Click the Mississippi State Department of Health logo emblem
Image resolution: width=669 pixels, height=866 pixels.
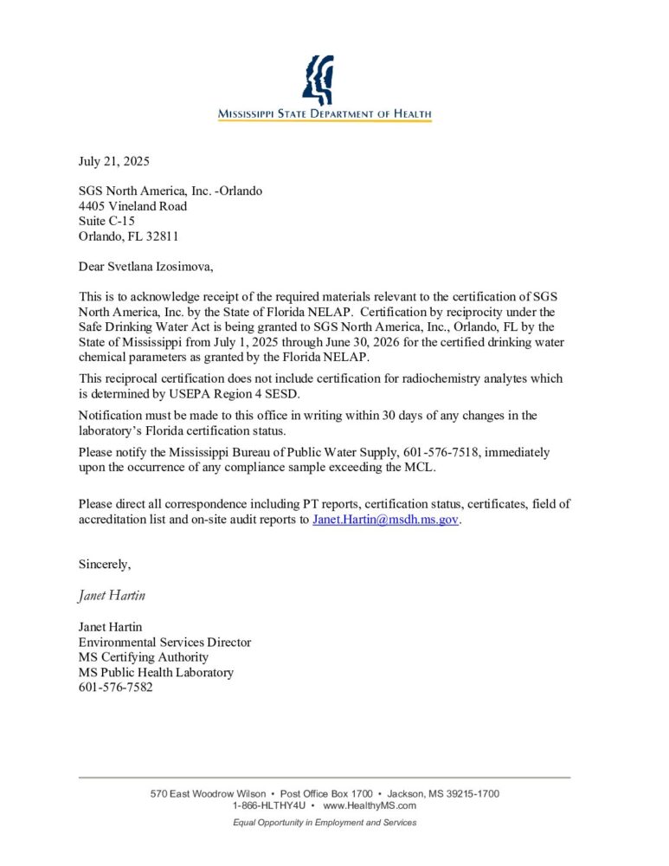[318, 80]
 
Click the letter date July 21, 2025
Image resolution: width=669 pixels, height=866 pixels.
[113, 161]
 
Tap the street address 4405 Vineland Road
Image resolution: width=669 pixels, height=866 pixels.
[132, 206]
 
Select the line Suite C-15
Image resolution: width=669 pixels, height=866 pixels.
[106, 221]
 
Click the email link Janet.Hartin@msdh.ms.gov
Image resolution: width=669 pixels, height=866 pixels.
[385, 520]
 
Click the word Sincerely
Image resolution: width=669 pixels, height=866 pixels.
[104, 565]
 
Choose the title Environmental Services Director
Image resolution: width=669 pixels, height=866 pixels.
[164, 643]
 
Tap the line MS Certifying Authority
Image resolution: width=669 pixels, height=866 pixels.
[143, 657]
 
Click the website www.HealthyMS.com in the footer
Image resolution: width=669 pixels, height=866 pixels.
[370, 805]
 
